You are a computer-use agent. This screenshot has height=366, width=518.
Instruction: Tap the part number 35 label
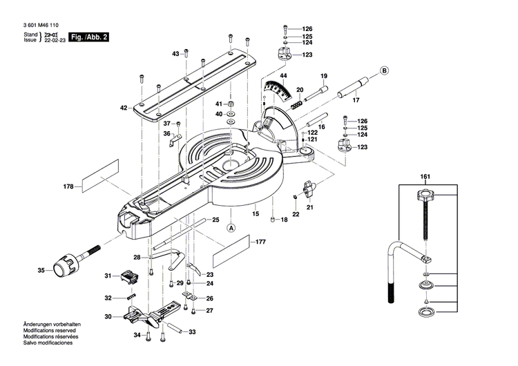click(40, 270)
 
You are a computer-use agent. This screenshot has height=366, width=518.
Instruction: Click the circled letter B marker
click(384, 70)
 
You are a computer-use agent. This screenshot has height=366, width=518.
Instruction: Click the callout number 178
click(68, 186)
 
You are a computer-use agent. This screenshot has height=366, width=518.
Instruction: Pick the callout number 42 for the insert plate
click(124, 108)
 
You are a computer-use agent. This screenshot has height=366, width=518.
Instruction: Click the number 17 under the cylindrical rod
click(356, 101)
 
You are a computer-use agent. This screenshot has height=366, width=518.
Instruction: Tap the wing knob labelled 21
click(308, 186)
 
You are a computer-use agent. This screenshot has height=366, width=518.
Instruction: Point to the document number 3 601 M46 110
click(44, 22)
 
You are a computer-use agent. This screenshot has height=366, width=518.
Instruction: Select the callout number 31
click(108, 276)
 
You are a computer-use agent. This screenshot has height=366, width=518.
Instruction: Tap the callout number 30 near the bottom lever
click(108, 317)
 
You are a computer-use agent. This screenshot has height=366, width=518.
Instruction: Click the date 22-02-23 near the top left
click(55, 40)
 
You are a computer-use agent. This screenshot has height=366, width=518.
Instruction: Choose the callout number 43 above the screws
click(175, 53)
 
